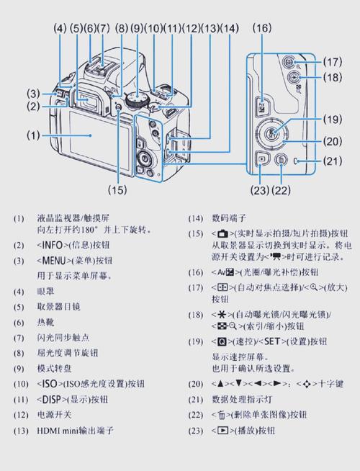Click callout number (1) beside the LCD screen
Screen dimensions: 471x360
pyautogui.click(x=34, y=135)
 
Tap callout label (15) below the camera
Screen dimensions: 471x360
pyautogui.click(x=117, y=190)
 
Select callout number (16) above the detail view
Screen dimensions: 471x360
pyautogui.click(x=262, y=28)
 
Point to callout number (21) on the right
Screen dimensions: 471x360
pyautogui.click(x=332, y=161)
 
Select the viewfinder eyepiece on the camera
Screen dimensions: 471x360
pyautogui.click(x=89, y=100)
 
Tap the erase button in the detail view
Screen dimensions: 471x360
pyautogui.click(x=282, y=161)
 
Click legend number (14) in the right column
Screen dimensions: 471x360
pyautogui.click(x=194, y=218)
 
